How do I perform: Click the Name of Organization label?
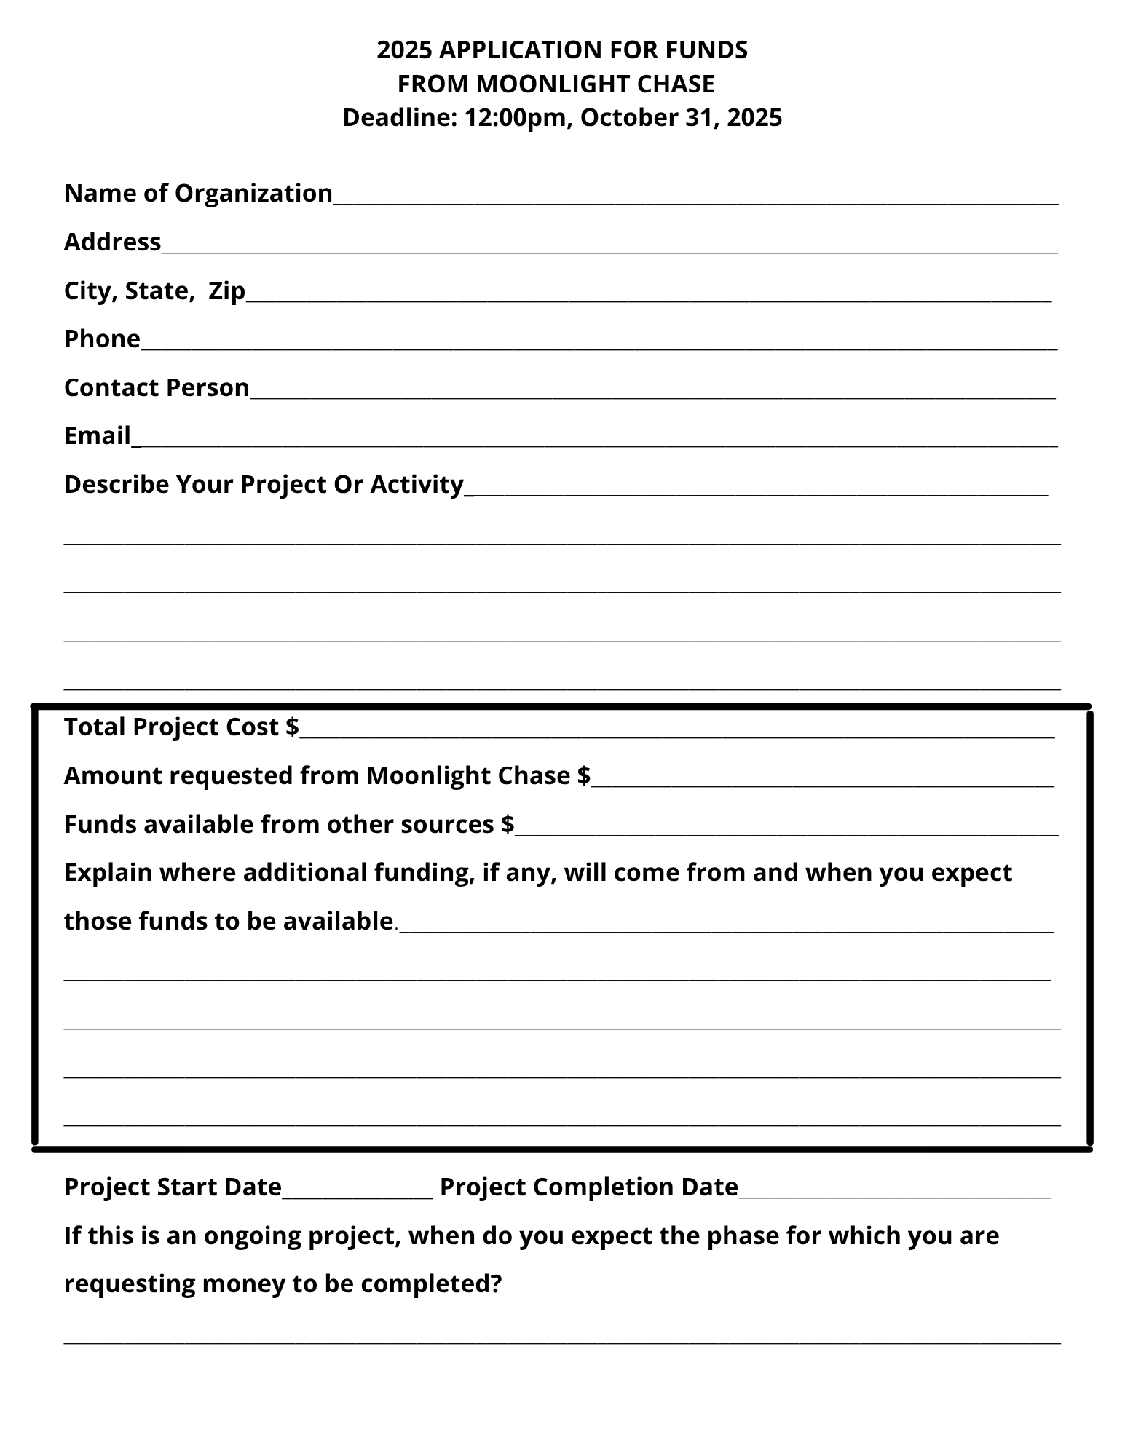(198, 194)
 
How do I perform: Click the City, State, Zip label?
(154, 291)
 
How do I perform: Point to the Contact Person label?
(157, 388)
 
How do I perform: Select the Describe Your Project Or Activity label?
(264, 485)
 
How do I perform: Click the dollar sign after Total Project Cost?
(292, 727)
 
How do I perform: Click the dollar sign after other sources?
(508, 825)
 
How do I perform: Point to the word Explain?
(108, 873)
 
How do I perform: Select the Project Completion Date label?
(589, 1187)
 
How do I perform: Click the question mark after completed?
(497, 1284)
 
